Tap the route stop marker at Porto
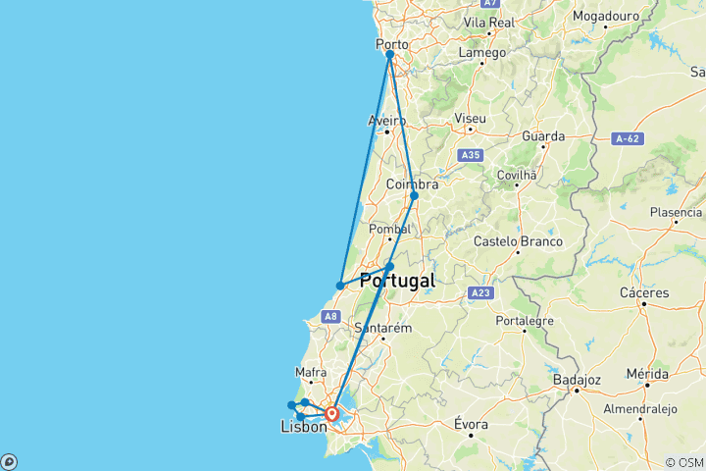point(390,55)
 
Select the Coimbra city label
point(412,183)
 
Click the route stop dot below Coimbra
point(414,196)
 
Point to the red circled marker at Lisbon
point(332,414)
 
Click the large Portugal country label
point(397,281)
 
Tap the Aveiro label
point(386,121)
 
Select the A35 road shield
point(471,154)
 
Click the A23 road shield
point(479,292)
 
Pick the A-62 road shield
point(627,139)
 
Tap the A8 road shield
point(330,316)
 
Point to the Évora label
point(471,424)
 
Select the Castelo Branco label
point(518,241)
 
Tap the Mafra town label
point(312,372)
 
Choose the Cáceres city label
point(645,292)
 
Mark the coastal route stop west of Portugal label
point(340,287)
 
